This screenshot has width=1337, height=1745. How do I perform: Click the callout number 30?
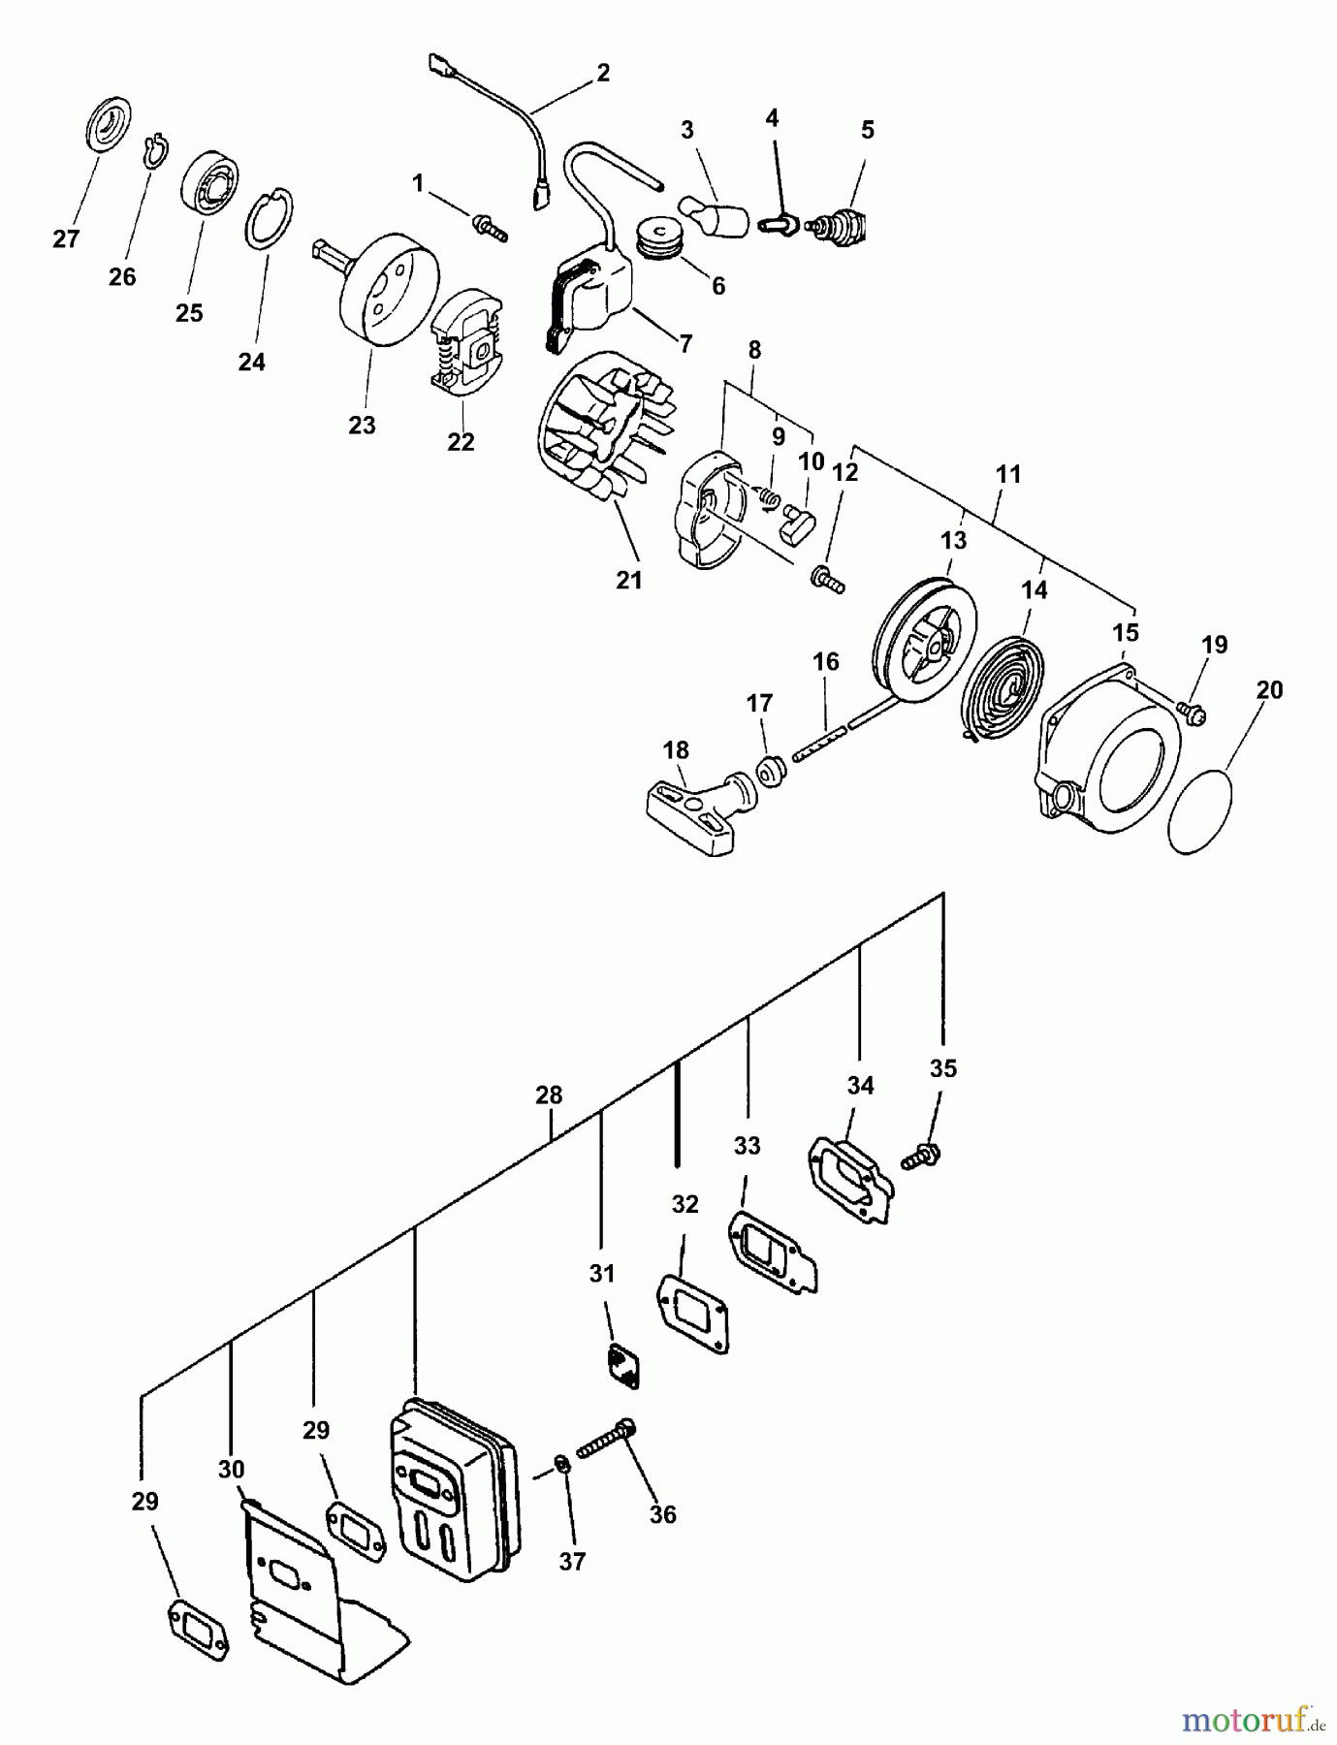coord(231,1469)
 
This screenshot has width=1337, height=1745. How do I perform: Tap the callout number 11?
coord(1008,474)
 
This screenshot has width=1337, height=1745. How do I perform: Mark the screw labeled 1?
coord(489,227)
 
